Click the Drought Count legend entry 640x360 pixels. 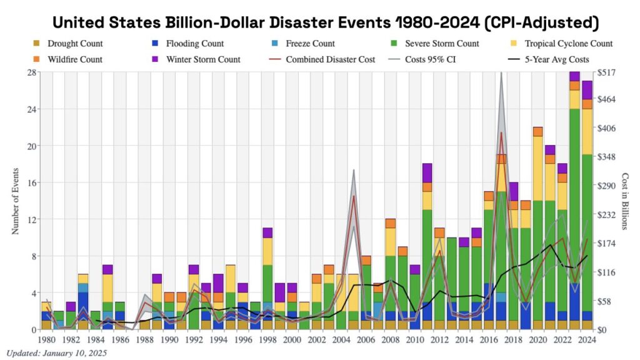point(72,44)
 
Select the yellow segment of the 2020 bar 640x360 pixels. point(537,168)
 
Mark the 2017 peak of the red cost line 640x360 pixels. point(501,132)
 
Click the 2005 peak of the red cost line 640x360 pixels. point(354,196)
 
